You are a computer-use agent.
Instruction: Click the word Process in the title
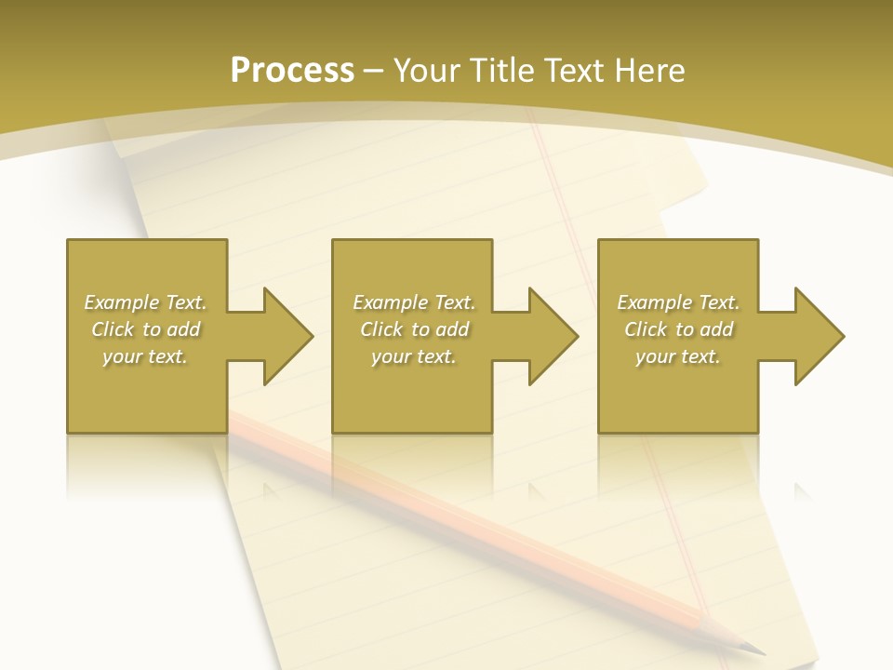coord(292,71)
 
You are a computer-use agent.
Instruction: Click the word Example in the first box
coord(121,302)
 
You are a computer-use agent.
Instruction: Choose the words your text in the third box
coord(677,356)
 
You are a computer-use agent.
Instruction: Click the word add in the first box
coord(183,329)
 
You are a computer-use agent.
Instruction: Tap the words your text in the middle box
coord(413,356)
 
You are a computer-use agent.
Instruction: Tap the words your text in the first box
coord(144,356)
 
